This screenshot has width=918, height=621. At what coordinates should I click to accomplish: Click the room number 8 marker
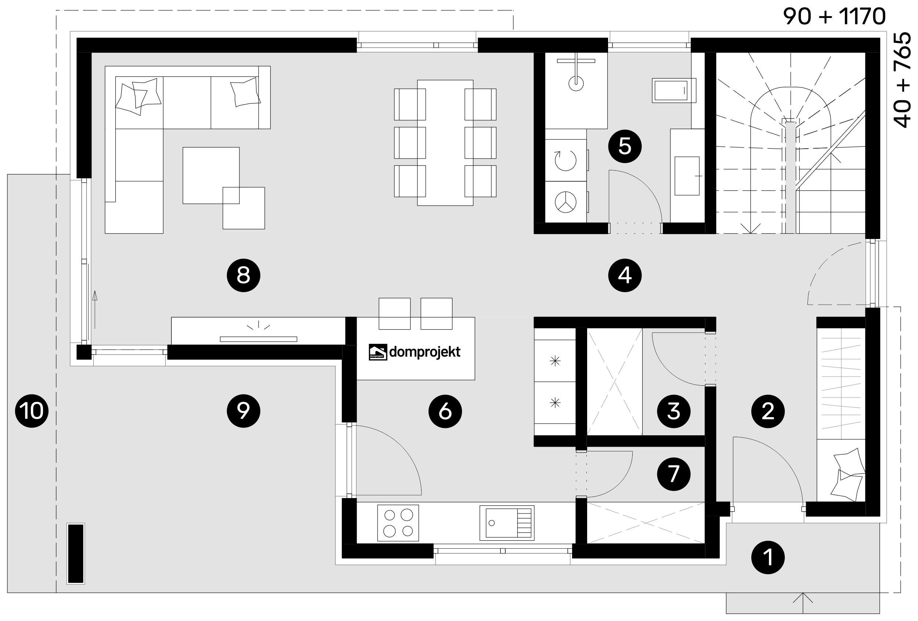[x=243, y=275]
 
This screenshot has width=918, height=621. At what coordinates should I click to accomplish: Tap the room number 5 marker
[x=625, y=146]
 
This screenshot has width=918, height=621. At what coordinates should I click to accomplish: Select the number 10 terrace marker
[x=32, y=411]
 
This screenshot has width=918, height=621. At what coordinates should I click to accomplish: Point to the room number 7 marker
[x=673, y=474]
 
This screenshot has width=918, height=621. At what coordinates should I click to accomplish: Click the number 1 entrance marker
[x=767, y=558]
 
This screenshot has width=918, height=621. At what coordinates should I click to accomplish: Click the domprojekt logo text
[x=424, y=352]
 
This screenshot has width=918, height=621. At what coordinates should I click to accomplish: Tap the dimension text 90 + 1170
[x=834, y=16]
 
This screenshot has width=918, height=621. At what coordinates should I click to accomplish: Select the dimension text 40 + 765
[x=902, y=80]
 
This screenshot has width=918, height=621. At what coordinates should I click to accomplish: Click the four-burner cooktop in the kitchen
[x=398, y=523]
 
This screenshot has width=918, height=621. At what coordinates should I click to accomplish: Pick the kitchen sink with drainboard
[x=507, y=523]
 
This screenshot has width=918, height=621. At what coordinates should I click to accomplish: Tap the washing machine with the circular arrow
[x=565, y=161]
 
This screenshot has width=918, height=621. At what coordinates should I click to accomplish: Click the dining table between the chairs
[x=445, y=142]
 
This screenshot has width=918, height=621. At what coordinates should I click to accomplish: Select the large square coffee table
[x=211, y=175]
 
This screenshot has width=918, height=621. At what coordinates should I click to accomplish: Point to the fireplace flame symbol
[x=259, y=326]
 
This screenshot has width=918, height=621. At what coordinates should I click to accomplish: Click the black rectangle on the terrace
[x=76, y=553]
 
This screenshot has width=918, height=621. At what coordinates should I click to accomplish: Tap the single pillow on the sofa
[x=245, y=92]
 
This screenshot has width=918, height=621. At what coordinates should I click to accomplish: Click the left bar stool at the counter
[x=394, y=313]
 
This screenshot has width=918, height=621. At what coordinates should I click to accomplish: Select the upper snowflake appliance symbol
[x=555, y=360]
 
